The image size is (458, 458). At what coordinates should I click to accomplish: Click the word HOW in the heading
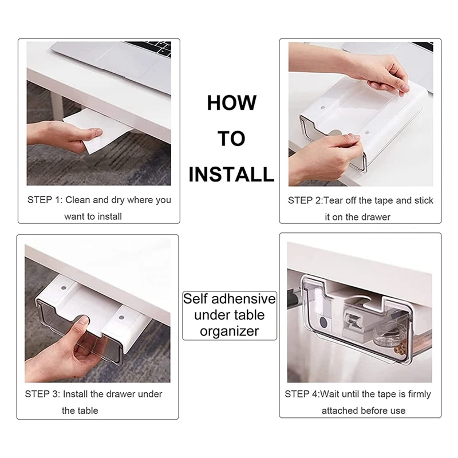pos(232,103)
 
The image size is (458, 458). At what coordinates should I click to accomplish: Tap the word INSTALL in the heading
pos(231,175)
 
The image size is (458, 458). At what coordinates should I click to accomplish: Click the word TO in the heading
pos(231,139)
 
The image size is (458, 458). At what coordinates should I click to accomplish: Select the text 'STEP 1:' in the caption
pos(45,200)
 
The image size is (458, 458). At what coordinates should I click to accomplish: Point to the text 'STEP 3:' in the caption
pos(42,394)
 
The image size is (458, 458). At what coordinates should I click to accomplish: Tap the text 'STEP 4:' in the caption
pos(302,394)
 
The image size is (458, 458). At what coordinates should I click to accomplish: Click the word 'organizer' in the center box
pos(230,331)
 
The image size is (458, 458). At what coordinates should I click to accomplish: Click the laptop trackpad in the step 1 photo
pos(128,60)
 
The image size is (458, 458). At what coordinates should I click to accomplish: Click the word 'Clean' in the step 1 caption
pos(78,200)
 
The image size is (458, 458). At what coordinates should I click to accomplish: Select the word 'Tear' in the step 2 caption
pos(333,200)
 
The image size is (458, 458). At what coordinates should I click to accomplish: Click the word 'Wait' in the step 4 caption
pos(330,394)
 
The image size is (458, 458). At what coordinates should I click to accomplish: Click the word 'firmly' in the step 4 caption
pos(420,394)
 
